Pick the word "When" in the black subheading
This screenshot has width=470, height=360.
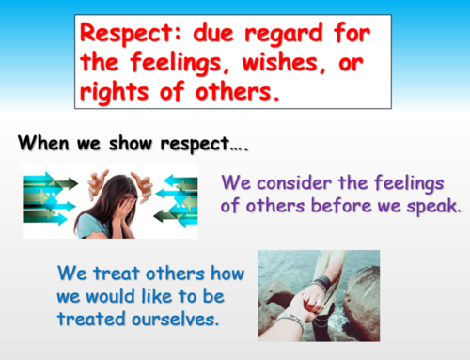(42, 145)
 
